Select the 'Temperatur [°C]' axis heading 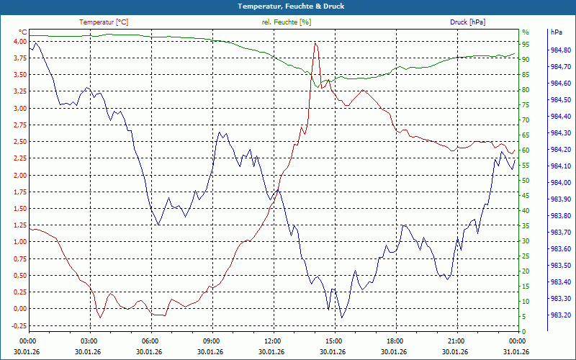(x=104, y=22)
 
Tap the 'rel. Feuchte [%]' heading (x=287, y=22)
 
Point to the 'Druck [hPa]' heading (x=467, y=22)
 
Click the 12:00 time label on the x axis (x=273, y=341)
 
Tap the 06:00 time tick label (x=150, y=341)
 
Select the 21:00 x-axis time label (x=456, y=341)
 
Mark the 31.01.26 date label (x=518, y=351)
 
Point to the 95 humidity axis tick (x=526, y=45)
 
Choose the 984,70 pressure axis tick (x=560, y=67)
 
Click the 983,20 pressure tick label (x=560, y=315)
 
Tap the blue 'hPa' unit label (x=557, y=32)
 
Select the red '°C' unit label (x=23, y=32)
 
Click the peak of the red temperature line (x=315, y=43)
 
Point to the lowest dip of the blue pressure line (x=342, y=318)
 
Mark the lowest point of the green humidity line (x=315, y=87)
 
